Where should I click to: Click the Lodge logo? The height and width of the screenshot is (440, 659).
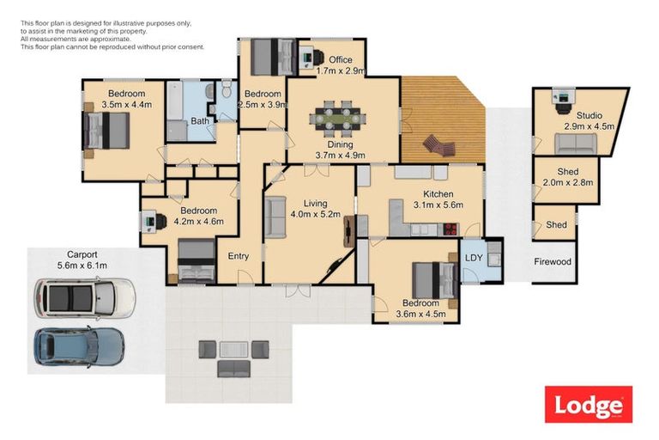click(x=588, y=405)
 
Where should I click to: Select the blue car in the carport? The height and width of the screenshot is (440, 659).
click(x=79, y=346)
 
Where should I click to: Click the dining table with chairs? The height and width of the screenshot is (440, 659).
click(x=336, y=118)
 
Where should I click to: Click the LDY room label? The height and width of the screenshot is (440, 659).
click(x=474, y=257)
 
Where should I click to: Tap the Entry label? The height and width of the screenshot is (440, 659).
click(x=238, y=256)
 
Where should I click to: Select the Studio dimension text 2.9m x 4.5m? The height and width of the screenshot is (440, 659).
click(x=589, y=126)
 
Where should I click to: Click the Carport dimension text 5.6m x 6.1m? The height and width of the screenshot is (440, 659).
click(x=84, y=266)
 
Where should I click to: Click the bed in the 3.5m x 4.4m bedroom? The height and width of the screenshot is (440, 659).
click(x=107, y=132)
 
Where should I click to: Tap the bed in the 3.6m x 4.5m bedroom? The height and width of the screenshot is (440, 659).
click(x=434, y=279)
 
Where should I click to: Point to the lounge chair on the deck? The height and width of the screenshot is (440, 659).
click(x=441, y=147)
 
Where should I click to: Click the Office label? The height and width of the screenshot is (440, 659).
click(x=334, y=59)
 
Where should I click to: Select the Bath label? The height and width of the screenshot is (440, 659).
click(x=200, y=121)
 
